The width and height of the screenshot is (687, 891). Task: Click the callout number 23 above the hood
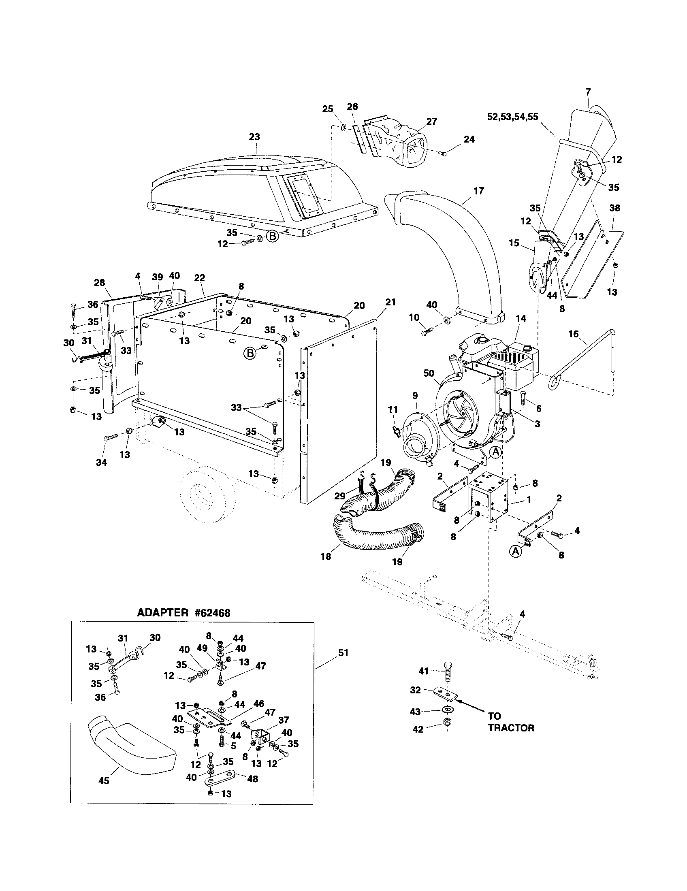point(254,136)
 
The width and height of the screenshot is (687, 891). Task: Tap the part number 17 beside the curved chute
point(478,190)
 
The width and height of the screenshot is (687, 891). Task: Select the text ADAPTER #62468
point(183,613)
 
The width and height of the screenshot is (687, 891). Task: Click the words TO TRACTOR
point(511,722)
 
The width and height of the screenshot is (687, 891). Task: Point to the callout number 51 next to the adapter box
point(343,653)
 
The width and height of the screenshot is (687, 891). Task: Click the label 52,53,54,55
point(513,117)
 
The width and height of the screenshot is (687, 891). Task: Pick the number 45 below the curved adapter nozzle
point(104,781)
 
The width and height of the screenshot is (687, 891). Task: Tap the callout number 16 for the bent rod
point(573,334)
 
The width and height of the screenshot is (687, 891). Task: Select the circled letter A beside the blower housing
point(495,452)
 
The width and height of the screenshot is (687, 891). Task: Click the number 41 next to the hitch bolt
point(424,671)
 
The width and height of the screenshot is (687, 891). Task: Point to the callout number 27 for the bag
point(432,121)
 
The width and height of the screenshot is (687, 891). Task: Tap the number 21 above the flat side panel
point(390,302)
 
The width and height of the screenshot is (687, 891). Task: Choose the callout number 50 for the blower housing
point(429,373)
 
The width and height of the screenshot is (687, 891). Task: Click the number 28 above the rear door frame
point(99,283)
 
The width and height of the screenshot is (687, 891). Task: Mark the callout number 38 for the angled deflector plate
point(614,208)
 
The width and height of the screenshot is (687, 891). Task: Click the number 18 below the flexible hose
point(326,556)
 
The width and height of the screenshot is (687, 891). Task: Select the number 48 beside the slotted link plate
point(252,779)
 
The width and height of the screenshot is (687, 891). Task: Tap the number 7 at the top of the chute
point(588,92)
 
